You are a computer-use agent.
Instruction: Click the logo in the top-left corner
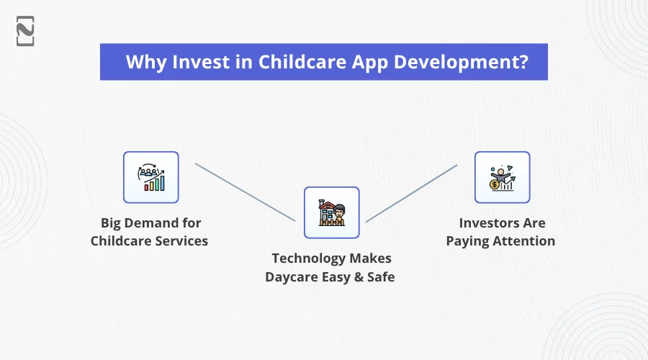(x=25, y=31)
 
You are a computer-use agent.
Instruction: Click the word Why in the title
(x=146, y=63)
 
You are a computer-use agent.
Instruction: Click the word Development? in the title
(x=462, y=63)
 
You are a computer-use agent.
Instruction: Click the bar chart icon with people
(x=151, y=177)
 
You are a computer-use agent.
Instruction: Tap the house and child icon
(x=331, y=212)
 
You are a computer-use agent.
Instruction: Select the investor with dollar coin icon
(x=502, y=177)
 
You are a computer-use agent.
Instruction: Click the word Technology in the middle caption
(x=310, y=258)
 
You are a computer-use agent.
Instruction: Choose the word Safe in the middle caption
(x=381, y=276)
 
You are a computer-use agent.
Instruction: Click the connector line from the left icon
(x=245, y=192)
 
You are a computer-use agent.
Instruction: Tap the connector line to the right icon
(x=412, y=194)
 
